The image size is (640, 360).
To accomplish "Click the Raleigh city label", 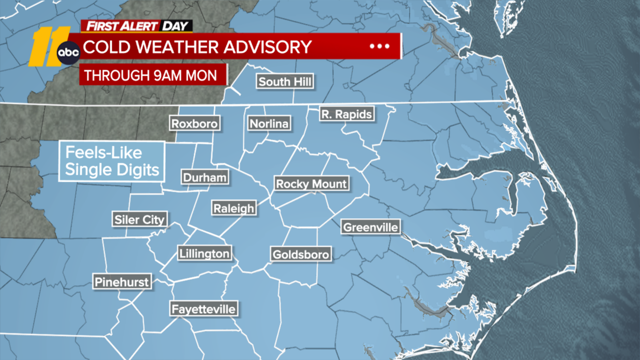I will point(234,208).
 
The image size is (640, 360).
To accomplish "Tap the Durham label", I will point(205,177).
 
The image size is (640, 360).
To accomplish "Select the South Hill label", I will point(285,82).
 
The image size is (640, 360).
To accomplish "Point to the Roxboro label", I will point(194,124).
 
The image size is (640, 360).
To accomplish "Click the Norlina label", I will point(269,124).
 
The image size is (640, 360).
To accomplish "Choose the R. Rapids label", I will point(347,114).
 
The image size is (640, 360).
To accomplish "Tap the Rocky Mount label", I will point(311,184).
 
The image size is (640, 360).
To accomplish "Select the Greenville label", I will point(370,227).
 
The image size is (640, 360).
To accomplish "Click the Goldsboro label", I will point(301,254).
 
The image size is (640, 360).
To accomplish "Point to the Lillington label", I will point(204,253).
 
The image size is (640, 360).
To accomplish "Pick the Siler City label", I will point(139,219).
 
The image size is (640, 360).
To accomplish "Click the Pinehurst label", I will point(122,282).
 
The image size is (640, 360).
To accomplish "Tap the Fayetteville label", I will point(204,309).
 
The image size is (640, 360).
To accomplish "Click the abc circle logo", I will point(68,52).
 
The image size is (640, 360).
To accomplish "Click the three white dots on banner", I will point(379,46).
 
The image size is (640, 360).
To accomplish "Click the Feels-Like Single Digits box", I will point(112,161).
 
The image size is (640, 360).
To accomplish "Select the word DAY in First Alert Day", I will point(175,26).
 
